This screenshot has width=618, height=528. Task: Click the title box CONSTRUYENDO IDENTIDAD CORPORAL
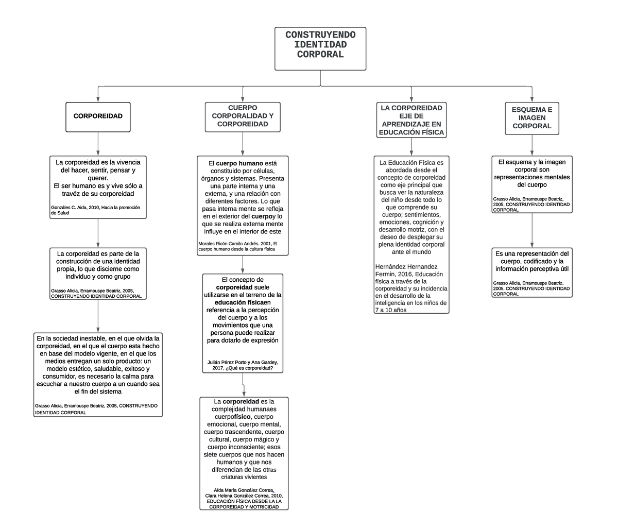tap(320, 49)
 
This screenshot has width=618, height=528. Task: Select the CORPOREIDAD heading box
tap(98, 117)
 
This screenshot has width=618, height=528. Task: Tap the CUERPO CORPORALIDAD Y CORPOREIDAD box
tap(243, 117)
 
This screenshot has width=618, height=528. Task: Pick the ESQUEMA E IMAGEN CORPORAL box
tap(531, 118)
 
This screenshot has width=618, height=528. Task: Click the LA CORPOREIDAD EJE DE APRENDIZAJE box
tap(411, 120)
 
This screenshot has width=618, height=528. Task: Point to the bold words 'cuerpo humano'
tap(239, 163)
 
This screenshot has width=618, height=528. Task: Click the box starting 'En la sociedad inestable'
tap(98, 374)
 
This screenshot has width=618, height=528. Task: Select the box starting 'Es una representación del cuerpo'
tap(531, 272)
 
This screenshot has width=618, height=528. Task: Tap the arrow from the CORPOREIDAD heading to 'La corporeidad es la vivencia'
tap(98, 144)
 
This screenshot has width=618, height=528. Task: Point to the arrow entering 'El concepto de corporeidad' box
tap(243, 265)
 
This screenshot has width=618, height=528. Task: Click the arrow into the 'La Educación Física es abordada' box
tap(411, 146)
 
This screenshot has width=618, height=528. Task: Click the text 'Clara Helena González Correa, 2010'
tap(244, 496)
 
